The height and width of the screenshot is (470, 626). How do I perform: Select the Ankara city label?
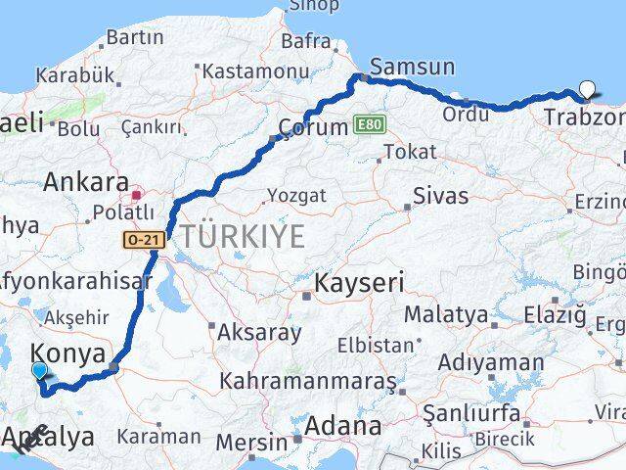click(x=86, y=182)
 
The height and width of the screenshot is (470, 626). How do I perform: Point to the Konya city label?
click(x=68, y=353)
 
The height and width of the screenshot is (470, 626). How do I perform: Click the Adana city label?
click(x=342, y=426)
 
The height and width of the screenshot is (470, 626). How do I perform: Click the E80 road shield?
click(x=367, y=125)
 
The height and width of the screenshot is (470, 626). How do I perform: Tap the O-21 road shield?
click(x=143, y=239)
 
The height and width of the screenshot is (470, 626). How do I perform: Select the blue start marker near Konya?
click(x=40, y=371)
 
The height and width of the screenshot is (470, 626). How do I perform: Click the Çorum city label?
click(x=313, y=127)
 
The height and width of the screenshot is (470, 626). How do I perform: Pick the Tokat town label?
click(x=410, y=152)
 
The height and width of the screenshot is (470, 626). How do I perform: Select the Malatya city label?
click(x=445, y=315)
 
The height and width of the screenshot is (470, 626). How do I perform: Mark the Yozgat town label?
click(x=296, y=196)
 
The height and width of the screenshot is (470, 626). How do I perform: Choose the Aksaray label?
click(x=259, y=332)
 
